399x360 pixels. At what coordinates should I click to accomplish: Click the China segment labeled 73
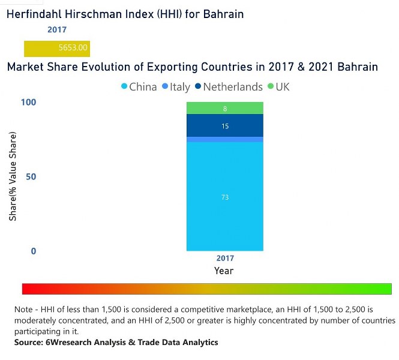pos(225,197)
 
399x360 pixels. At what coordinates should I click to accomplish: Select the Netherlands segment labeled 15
pos(225,126)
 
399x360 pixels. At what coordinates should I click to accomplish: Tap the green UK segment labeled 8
pos(225,109)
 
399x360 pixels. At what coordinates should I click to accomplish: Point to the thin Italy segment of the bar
pos(225,140)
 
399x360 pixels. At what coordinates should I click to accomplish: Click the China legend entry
pos(139,87)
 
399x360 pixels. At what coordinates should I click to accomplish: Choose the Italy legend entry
pos(176,87)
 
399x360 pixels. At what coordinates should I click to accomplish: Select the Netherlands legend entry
pos(229,87)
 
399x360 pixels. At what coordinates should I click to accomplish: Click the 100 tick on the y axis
pos(29,103)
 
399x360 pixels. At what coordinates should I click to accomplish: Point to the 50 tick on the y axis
pos(31,177)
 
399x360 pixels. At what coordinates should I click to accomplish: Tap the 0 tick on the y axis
pos(34,251)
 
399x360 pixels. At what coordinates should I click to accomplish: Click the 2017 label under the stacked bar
pos(225,259)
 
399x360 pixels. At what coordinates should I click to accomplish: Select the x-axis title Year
pos(225,271)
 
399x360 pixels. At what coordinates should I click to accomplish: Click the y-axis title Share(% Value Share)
pos(13,177)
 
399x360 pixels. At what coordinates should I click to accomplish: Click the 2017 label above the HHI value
pos(57,29)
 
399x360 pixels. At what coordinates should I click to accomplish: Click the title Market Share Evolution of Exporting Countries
pos(192,67)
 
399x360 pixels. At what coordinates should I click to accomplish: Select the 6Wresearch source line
pos(116,343)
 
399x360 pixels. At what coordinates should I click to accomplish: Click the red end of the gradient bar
pos(27,289)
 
